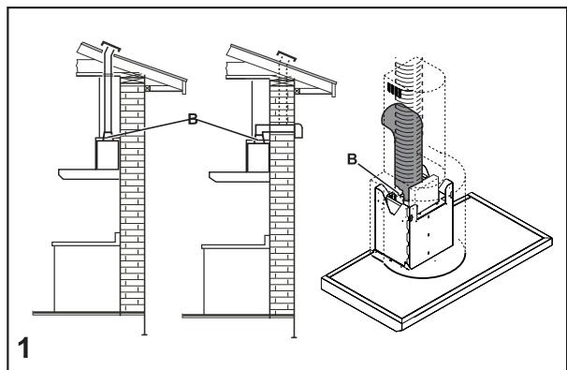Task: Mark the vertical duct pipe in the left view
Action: (110, 103)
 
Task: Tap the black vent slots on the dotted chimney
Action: (396, 92)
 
